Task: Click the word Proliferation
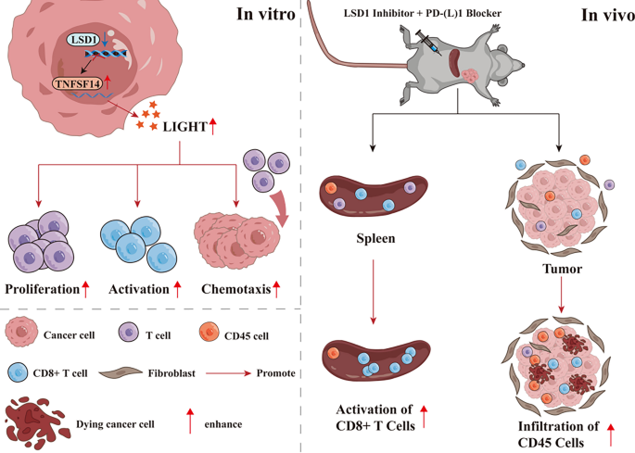tap(42, 289)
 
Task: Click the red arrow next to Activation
tap(176, 289)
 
